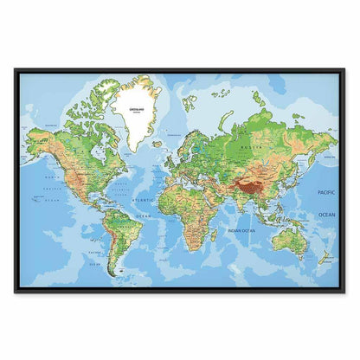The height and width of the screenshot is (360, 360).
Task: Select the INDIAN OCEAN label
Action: click(241, 230)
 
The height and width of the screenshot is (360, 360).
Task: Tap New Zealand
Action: click(325, 256)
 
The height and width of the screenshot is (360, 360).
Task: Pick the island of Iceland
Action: click(158, 137)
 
